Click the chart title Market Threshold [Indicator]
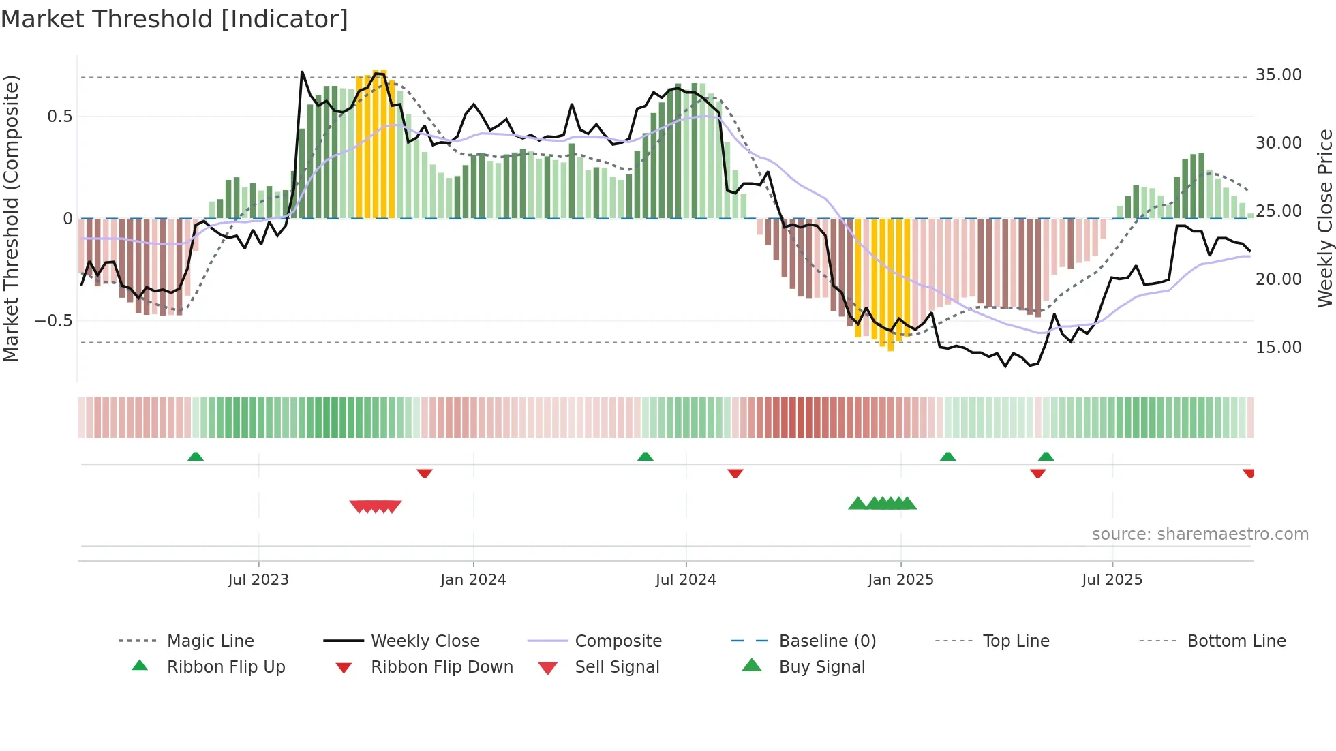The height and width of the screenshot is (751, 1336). tap(174, 19)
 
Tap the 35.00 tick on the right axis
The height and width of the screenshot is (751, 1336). tap(1278, 75)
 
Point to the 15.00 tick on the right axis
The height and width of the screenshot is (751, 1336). tap(1278, 348)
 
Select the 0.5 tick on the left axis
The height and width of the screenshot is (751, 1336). tap(59, 117)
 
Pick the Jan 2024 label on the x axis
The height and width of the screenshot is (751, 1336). tap(473, 580)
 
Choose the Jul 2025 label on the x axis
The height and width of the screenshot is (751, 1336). tap(1112, 580)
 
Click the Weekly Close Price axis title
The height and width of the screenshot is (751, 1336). tap(1324, 218)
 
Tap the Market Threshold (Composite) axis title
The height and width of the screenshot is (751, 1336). tap(11, 218)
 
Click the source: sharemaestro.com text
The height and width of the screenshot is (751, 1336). tap(1200, 534)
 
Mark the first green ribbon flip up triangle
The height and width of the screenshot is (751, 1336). tap(196, 457)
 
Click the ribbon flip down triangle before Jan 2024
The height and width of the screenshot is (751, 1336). tap(425, 473)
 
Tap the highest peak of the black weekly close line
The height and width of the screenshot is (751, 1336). tap(302, 72)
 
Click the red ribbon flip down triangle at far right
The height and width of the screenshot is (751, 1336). tap(1249, 473)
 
